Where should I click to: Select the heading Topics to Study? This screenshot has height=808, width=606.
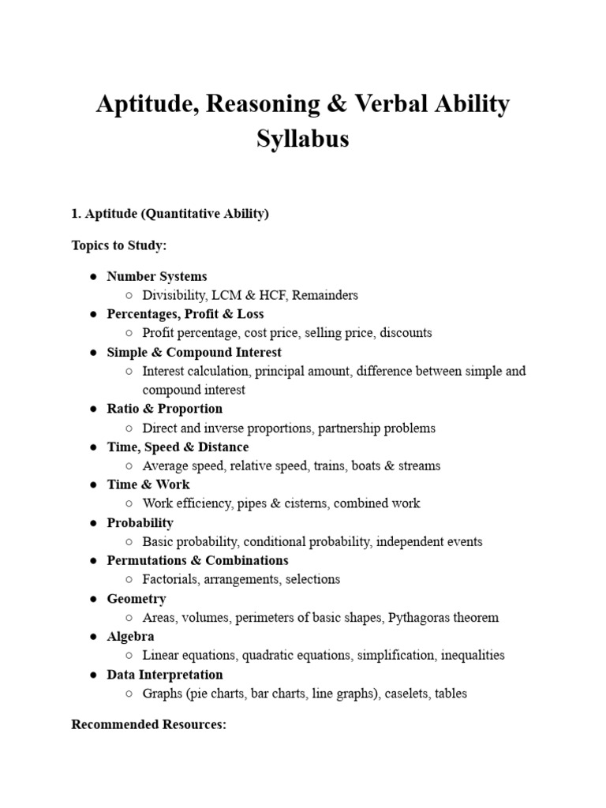click(119, 245)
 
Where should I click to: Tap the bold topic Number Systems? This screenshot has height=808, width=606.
click(157, 276)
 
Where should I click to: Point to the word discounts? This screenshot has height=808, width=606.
click(406, 333)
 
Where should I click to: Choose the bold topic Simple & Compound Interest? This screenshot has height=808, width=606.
click(194, 352)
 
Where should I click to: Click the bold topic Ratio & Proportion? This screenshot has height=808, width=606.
click(165, 409)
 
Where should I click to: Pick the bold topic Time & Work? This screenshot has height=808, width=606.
click(148, 484)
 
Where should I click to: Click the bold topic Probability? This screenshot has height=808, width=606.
click(140, 522)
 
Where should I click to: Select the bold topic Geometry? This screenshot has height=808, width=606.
click(137, 598)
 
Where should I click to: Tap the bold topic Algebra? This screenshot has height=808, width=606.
click(131, 636)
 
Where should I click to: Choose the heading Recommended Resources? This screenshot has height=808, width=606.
click(149, 724)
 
